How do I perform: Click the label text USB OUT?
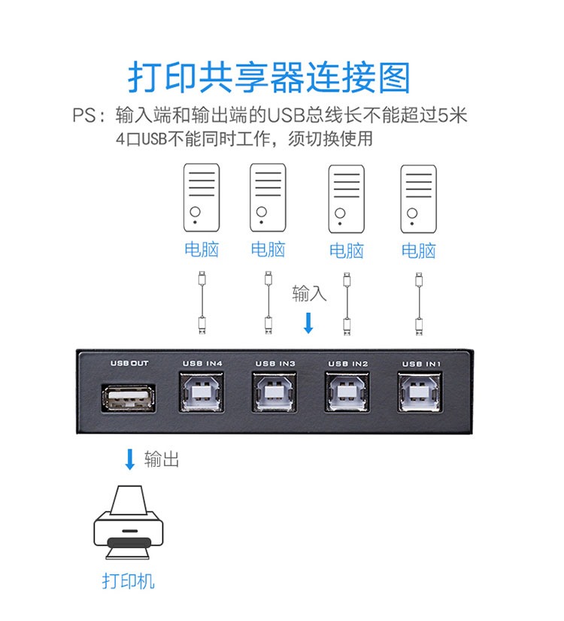tap(129, 364)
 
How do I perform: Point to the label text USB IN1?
tap(420, 364)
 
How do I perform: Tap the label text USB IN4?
tap(202, 364)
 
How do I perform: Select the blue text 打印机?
tap(129, 580)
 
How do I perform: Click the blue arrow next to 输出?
tap(129, 459)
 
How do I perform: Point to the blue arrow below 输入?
tap(308, 323)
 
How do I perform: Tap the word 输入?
tap(309, 292)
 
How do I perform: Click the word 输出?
tap(161, 459)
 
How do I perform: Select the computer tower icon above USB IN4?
tap(202, 198)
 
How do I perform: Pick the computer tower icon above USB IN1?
tap(418, 198)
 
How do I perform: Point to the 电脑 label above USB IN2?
tap(347, 250)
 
